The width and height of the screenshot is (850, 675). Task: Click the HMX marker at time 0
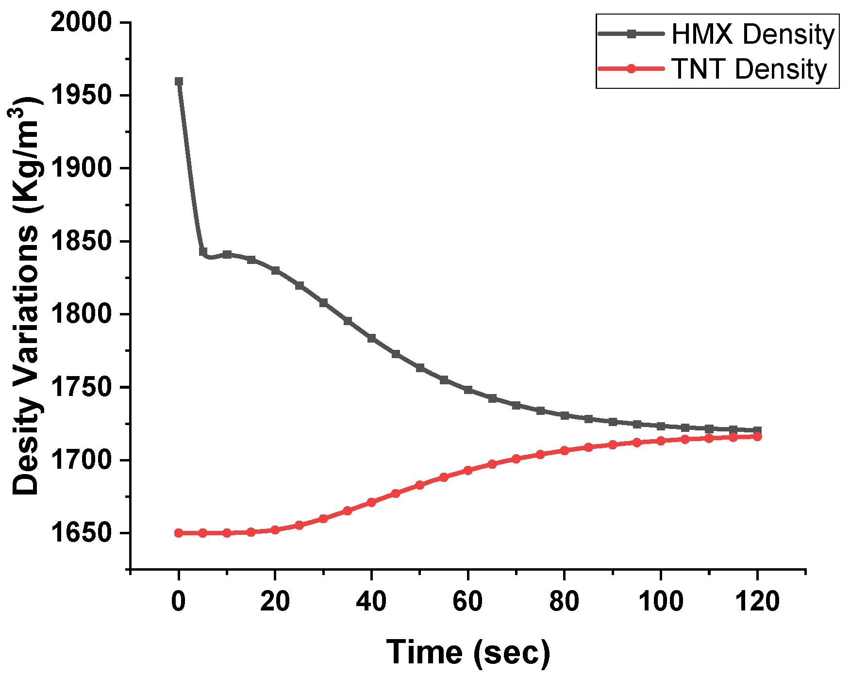click(x=179, y=81)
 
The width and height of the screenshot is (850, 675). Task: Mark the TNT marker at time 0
click(x=179, y=533)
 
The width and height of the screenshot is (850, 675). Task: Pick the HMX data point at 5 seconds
click(x=203, y=251)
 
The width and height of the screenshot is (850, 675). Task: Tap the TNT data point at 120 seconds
click(x=757, y=437)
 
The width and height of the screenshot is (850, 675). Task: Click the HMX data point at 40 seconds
click(x=371, y=338)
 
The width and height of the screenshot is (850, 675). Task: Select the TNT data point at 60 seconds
click(x=468, y=470)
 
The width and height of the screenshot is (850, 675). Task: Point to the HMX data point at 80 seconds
click(x=564, y=415)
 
